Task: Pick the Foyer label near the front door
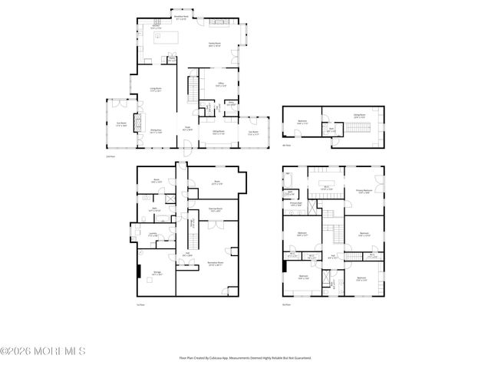coord(188,129)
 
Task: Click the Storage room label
coord(157,273)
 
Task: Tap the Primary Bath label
coord(295,204)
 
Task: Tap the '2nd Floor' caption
coord(110,156)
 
